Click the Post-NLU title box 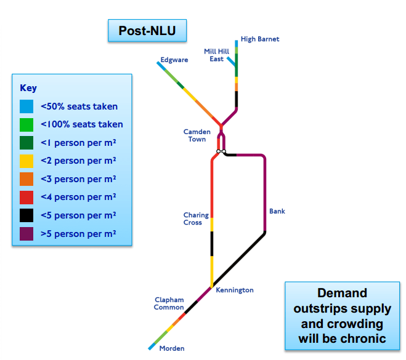[x=147, y=30]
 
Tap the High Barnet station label [x=259, y=39]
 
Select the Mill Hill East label [x=216, y=55]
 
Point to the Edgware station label [x=174, y=60]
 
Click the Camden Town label [x=197, y=135]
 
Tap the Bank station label [x=277, y=212]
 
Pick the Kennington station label [x=234, y=290]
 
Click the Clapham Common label [x=169, y=303]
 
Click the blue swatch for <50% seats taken [x=26, y=106]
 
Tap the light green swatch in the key [x=26, y=125]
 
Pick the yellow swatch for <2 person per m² [x=26, y=161]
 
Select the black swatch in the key [x=26, y=215]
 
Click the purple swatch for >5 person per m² [x=26, y=234]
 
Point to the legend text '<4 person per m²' [x=78, y=198]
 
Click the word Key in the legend [x=28, y=88]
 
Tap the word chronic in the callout [x=362, y=338]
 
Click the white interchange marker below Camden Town [x=221, y=151]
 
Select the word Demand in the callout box [x=341, y=293]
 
